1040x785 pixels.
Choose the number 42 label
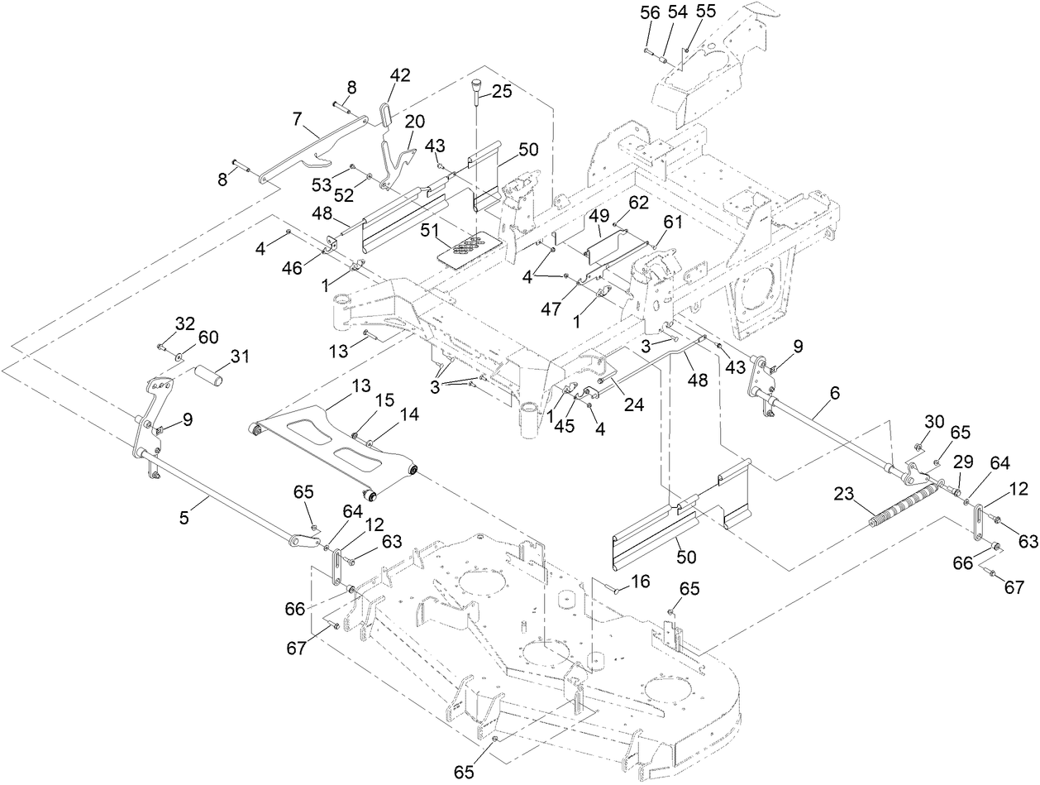pos(400,74)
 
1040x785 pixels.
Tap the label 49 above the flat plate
pos(598,216)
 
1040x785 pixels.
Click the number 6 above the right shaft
pos(833,395)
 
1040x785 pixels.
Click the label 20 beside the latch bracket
pos(415,121)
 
